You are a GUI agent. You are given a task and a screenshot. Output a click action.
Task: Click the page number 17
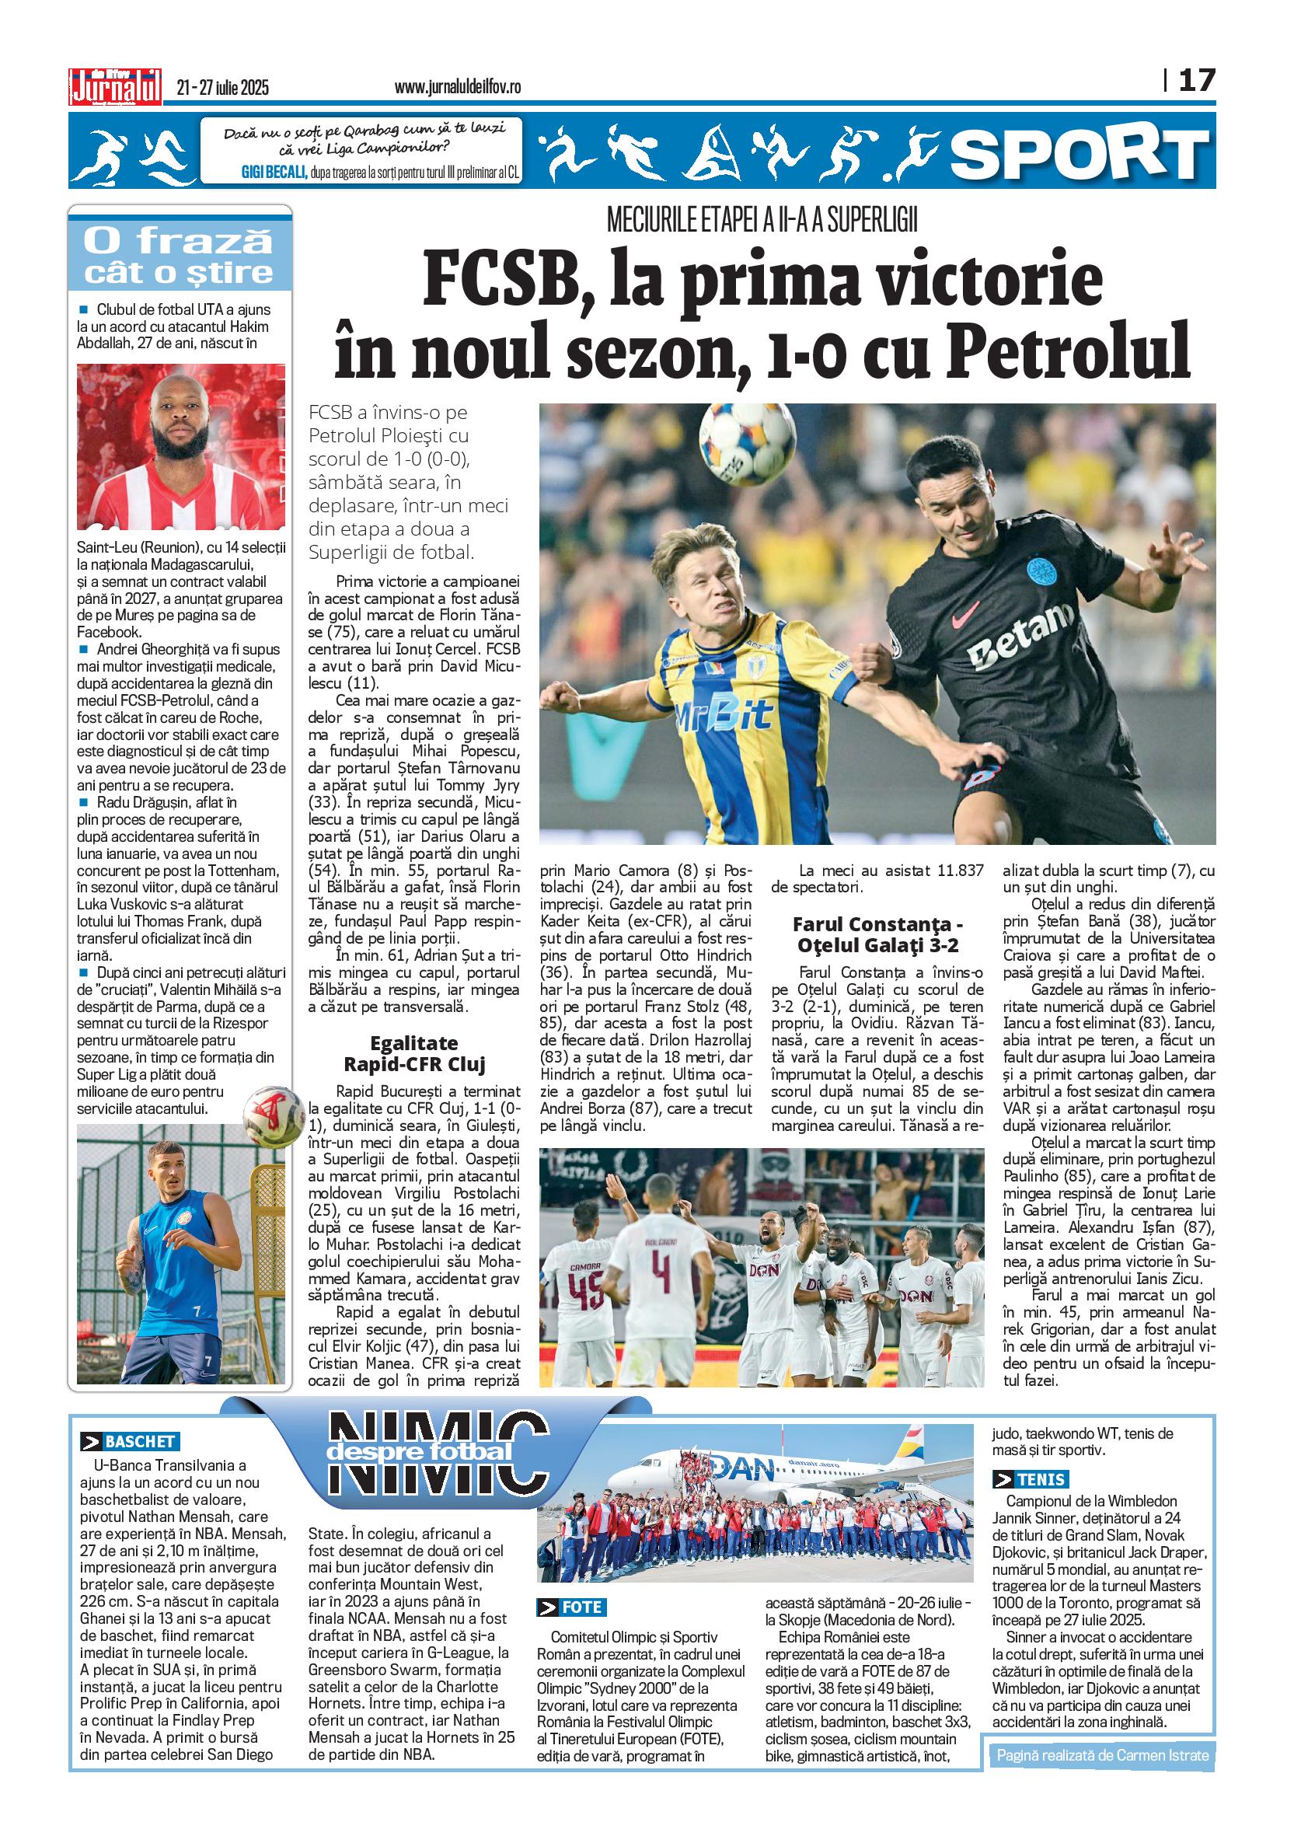[x=1197, y=81]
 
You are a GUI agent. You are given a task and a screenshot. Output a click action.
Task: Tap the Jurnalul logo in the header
[x=116, y=85]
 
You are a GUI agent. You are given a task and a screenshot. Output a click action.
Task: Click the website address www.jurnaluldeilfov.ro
[x=458, y=87]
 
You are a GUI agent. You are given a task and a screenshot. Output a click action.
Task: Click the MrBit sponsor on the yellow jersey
[x=723, y=712]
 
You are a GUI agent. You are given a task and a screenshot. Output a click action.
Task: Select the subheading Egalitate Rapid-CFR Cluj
[x=414, y=1054]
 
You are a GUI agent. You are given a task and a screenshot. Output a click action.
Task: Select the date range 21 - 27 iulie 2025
[x=223, y=88]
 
